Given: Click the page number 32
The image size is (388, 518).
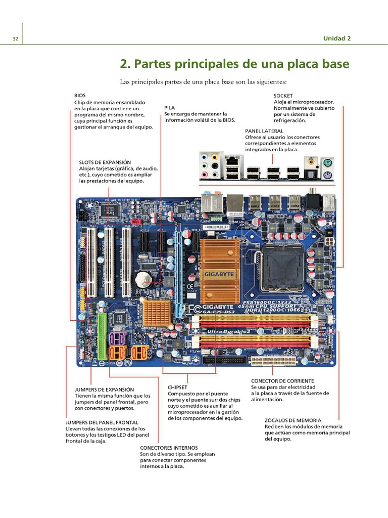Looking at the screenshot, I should click(x=15, y=39).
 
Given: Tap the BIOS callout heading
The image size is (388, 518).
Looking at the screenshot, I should click(x=80, y=95).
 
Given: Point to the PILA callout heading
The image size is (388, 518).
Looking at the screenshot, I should click(x=170, y=107).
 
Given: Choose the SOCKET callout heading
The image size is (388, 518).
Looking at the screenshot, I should click(x=283, y=95).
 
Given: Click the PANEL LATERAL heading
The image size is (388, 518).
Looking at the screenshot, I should click(x=264, y=131).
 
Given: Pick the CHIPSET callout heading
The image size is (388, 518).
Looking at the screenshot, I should click(x=178, y=387).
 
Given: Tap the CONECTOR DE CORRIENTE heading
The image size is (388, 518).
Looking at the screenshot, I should click(x=282, y=380).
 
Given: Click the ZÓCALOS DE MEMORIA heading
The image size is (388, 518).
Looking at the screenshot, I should click(x=293, y=420).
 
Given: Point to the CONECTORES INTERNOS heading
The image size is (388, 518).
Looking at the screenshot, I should click(x=169, y=448).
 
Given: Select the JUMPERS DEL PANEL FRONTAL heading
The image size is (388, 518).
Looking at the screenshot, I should click(x=102, y=422).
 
